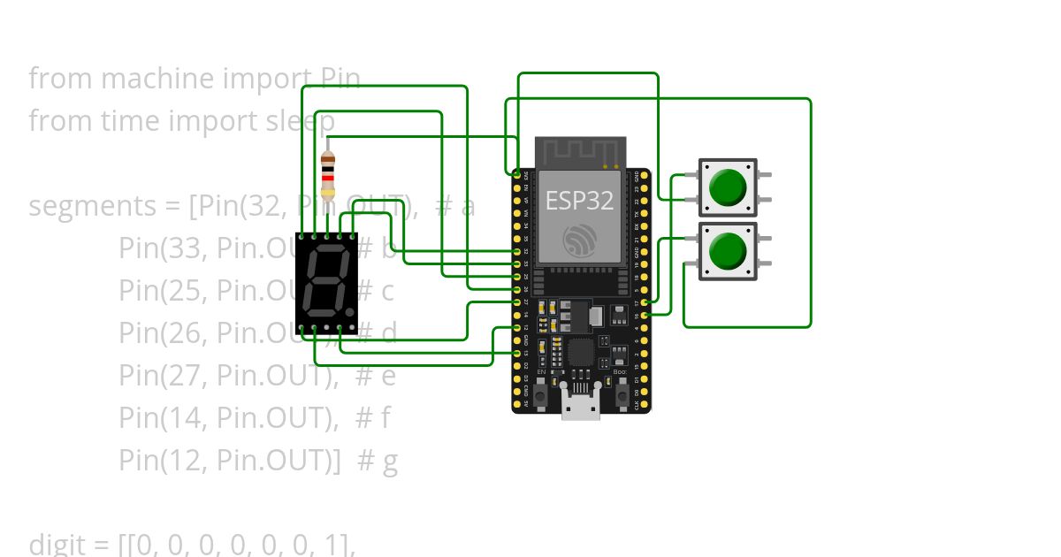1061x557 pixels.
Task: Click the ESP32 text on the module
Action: point(580,201)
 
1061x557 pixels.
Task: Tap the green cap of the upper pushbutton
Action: point(728,187)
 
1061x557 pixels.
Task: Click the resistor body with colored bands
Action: point(328,175)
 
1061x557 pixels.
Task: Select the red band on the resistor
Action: point(328,178)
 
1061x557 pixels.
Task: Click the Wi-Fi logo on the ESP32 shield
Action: point(580,239)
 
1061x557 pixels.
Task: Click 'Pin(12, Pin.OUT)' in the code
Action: point(229,460)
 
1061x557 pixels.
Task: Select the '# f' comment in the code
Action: point(372,417)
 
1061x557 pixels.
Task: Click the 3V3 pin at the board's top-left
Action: point(517,176)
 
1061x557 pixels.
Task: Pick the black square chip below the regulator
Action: point(581,354)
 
